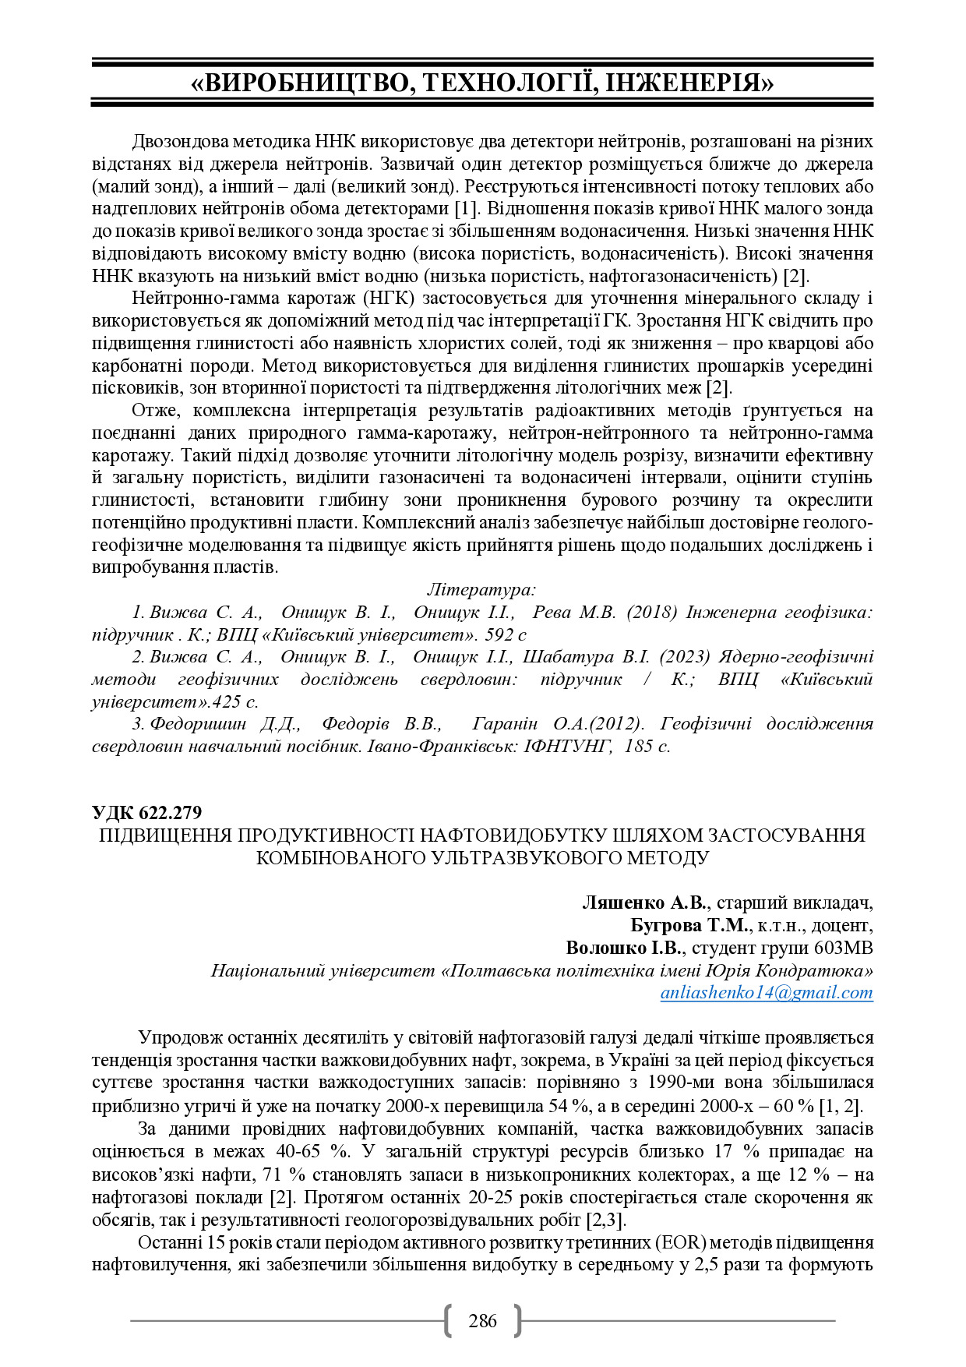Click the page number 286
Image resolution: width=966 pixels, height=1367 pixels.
click(x=482, y=1320)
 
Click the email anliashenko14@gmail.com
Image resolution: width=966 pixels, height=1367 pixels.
click(x=767, y=992)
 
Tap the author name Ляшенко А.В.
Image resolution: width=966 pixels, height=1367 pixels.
click(x=644, y=903)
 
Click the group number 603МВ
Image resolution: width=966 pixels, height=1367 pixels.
click(x=844, y=948)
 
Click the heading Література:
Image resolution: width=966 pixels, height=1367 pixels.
click(x=481, y=589)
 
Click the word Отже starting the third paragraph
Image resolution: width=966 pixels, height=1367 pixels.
click(x=154, y=410)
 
